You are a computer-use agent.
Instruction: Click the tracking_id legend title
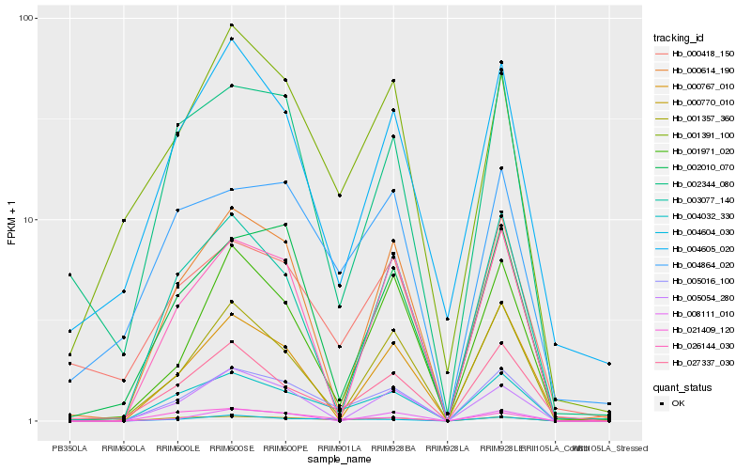[679, 38]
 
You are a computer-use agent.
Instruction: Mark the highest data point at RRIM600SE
[231, 25]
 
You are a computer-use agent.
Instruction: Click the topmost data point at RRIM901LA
[339, 196]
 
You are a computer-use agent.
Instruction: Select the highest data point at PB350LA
[69, 274]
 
